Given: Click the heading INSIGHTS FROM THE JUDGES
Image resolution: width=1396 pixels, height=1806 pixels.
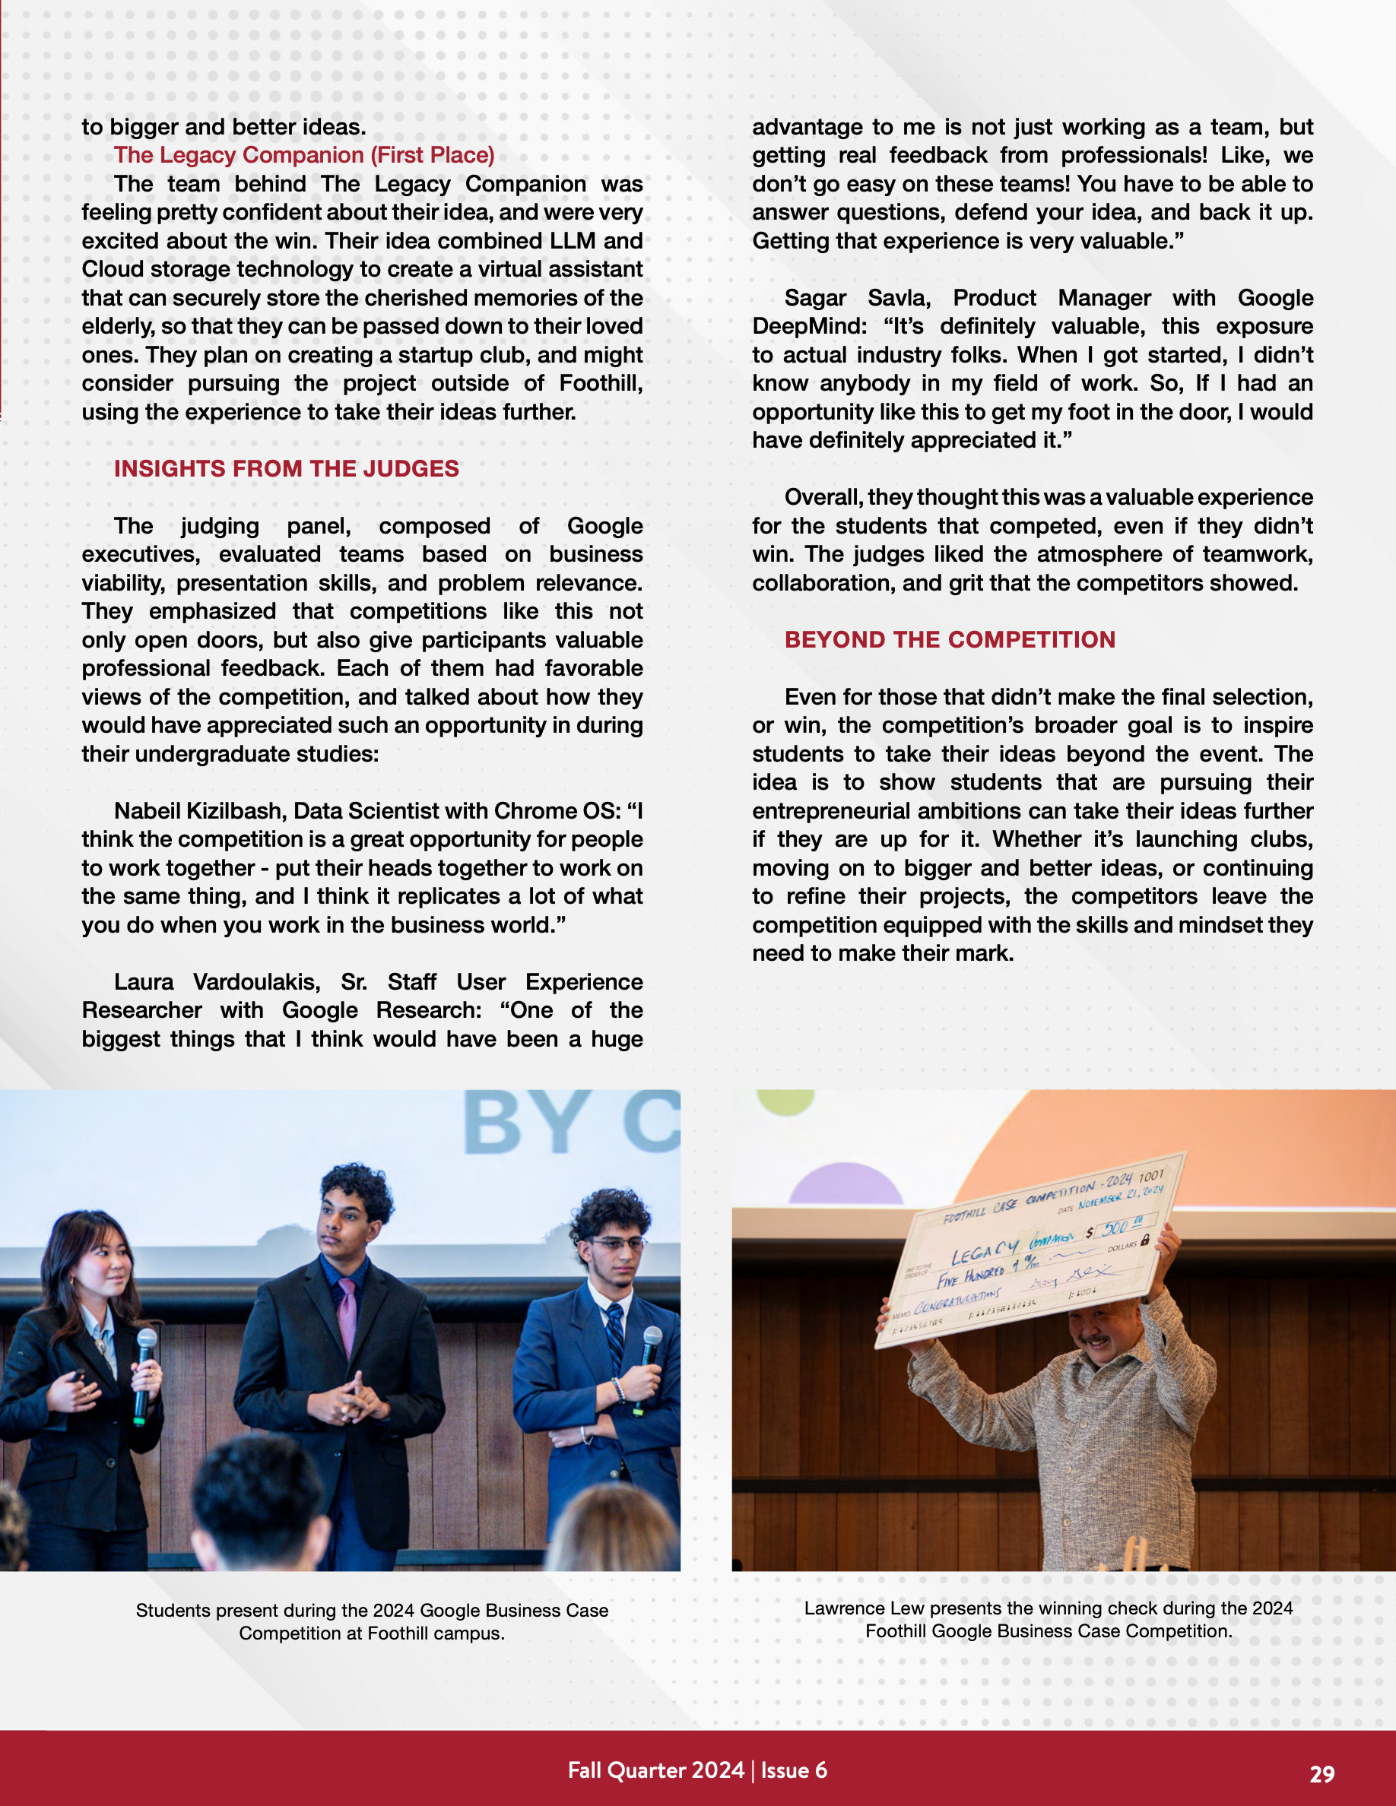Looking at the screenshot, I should (x=286, y=469).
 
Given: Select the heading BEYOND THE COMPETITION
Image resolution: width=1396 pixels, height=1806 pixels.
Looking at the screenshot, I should (x=950, y=640).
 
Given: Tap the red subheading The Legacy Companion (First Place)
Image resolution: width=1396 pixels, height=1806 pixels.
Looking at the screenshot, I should (x=303, y=156).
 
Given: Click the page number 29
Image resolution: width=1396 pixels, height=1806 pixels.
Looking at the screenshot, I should (x=1321, y=1774).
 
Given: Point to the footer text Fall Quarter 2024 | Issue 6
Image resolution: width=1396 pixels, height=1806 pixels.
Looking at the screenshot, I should (x=697, y=1770).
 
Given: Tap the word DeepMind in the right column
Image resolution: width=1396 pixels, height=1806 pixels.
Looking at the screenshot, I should (x=809, y=327).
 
